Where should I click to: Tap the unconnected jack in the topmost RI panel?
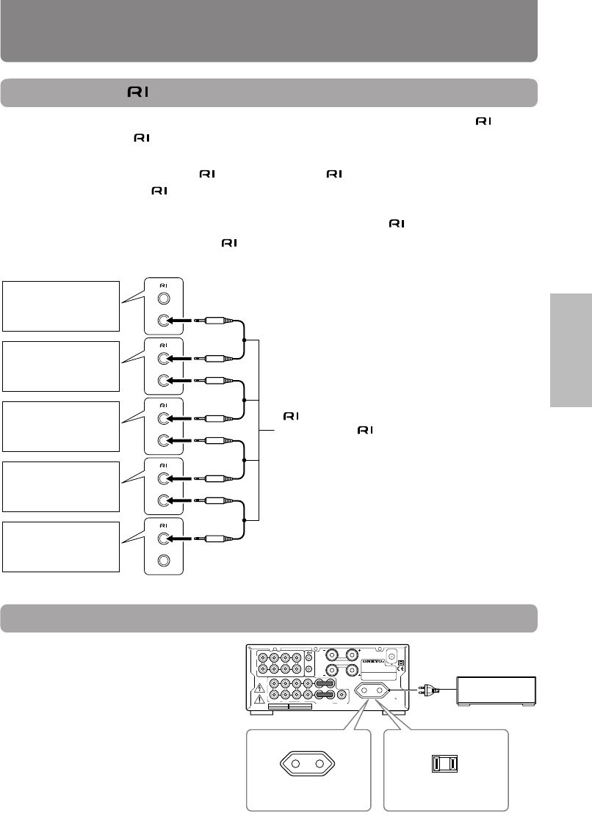pyautogui.click(x=165, y=299)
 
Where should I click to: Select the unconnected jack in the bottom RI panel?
pyautogui.click(x=165, y=561)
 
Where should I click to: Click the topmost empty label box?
pyautogui.click(x=60, y=306)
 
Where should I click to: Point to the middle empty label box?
pyautogui.click(x=60, y=426)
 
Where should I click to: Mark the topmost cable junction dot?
pyautogui.click(x=243, y=340)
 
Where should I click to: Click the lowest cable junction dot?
pyautogui.click(x=243, y=520)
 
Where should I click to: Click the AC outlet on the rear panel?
pyautogui.click(x=372, y=690)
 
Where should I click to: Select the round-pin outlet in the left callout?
pyautogui.click(x=307, y=768)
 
